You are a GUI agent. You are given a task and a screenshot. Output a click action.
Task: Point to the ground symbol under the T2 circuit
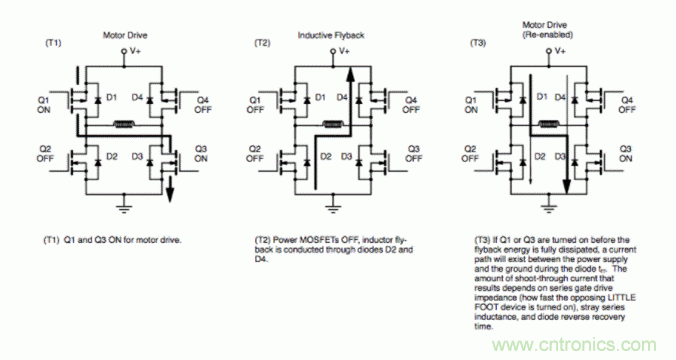coord(337,204)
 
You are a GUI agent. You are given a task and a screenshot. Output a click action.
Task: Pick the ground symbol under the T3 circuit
coord(548,204)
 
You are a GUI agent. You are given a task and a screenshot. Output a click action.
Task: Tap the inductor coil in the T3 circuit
coord(548,126)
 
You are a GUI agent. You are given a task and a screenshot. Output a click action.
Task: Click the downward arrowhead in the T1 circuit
coord(170,193)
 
